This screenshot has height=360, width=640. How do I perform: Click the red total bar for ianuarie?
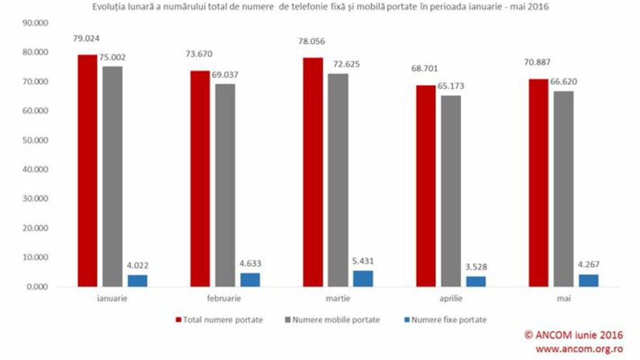pyautogui.click(x=87, y=170)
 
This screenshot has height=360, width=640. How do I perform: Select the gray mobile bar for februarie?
pyautogui.click(x=225, y=185)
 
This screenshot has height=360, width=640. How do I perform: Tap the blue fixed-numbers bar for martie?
pyautogui.click(x=363, y=278)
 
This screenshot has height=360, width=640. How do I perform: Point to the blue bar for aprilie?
pyautogui.click(x=476, y=281)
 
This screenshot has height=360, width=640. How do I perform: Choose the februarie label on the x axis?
pyautogui.click(x=223, y=298)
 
